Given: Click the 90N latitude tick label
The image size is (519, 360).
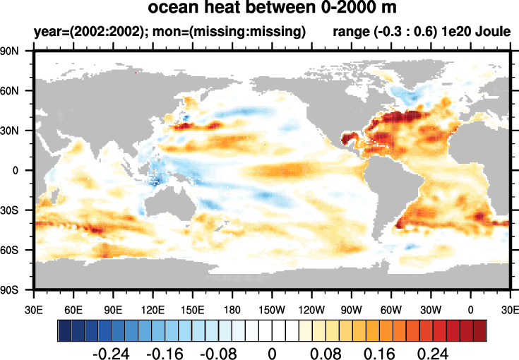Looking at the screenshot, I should (18, 52).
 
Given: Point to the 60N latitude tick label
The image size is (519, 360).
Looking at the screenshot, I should (18, 91).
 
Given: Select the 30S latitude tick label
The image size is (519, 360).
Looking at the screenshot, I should (18, 210).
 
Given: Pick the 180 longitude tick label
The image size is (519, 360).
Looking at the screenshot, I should (232, 308).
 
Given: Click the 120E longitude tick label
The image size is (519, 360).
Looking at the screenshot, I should (153, 308).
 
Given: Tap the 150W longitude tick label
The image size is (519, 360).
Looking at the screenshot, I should (272, 308).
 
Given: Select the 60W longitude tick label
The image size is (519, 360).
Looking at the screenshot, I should (391, 308).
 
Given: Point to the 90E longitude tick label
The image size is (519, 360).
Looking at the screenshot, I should (113, 308).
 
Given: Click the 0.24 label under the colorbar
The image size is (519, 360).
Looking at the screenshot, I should (432, 352).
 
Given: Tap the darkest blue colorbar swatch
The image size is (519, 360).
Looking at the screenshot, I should (64, 330).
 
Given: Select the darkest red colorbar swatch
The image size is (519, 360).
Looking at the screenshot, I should (479, 330).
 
